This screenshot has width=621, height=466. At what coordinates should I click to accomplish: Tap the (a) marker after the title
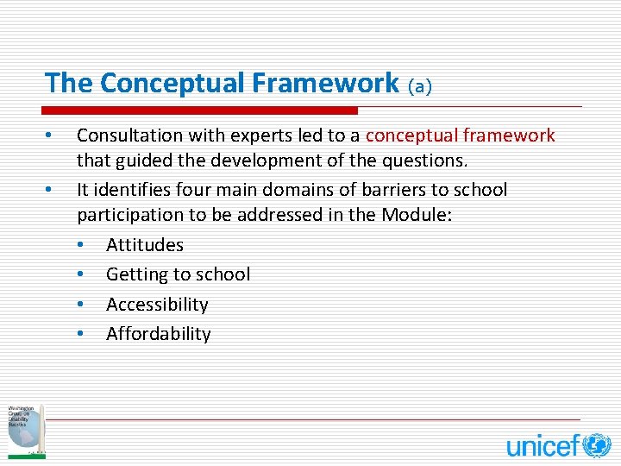click(420, 85)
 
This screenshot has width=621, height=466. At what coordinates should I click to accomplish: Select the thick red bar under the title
click(200, 110)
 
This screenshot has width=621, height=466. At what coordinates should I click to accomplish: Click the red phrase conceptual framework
click(461, 135)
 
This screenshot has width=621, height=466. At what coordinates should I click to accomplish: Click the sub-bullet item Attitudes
click(145, 245)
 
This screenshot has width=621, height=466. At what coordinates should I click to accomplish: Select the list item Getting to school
click(178, 274)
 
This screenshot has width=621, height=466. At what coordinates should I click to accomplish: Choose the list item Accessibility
click(157, 305)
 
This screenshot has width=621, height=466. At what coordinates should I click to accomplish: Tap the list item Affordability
click(158, 334)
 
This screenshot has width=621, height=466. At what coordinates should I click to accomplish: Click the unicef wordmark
click(543, 446)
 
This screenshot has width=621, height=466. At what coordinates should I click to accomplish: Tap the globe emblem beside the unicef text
click(596, 445)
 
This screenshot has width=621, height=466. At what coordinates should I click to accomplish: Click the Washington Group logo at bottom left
click(25, 430)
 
